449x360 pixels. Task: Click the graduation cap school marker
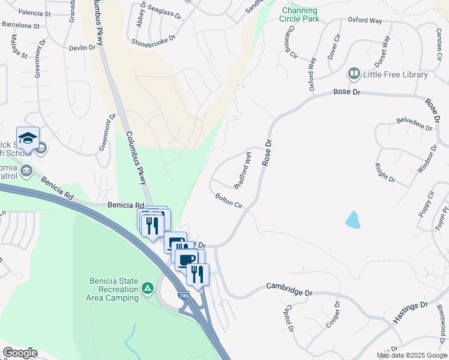(28, 139)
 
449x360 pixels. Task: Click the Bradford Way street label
(243, 170)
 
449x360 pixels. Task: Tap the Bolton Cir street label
(229, 200)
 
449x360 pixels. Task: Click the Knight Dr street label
(385, 173)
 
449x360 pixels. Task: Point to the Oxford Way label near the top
(365, 20)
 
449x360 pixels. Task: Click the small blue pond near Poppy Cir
(353, 220)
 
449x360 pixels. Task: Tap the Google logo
(20, 353)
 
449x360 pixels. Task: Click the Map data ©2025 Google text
(411, 355)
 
